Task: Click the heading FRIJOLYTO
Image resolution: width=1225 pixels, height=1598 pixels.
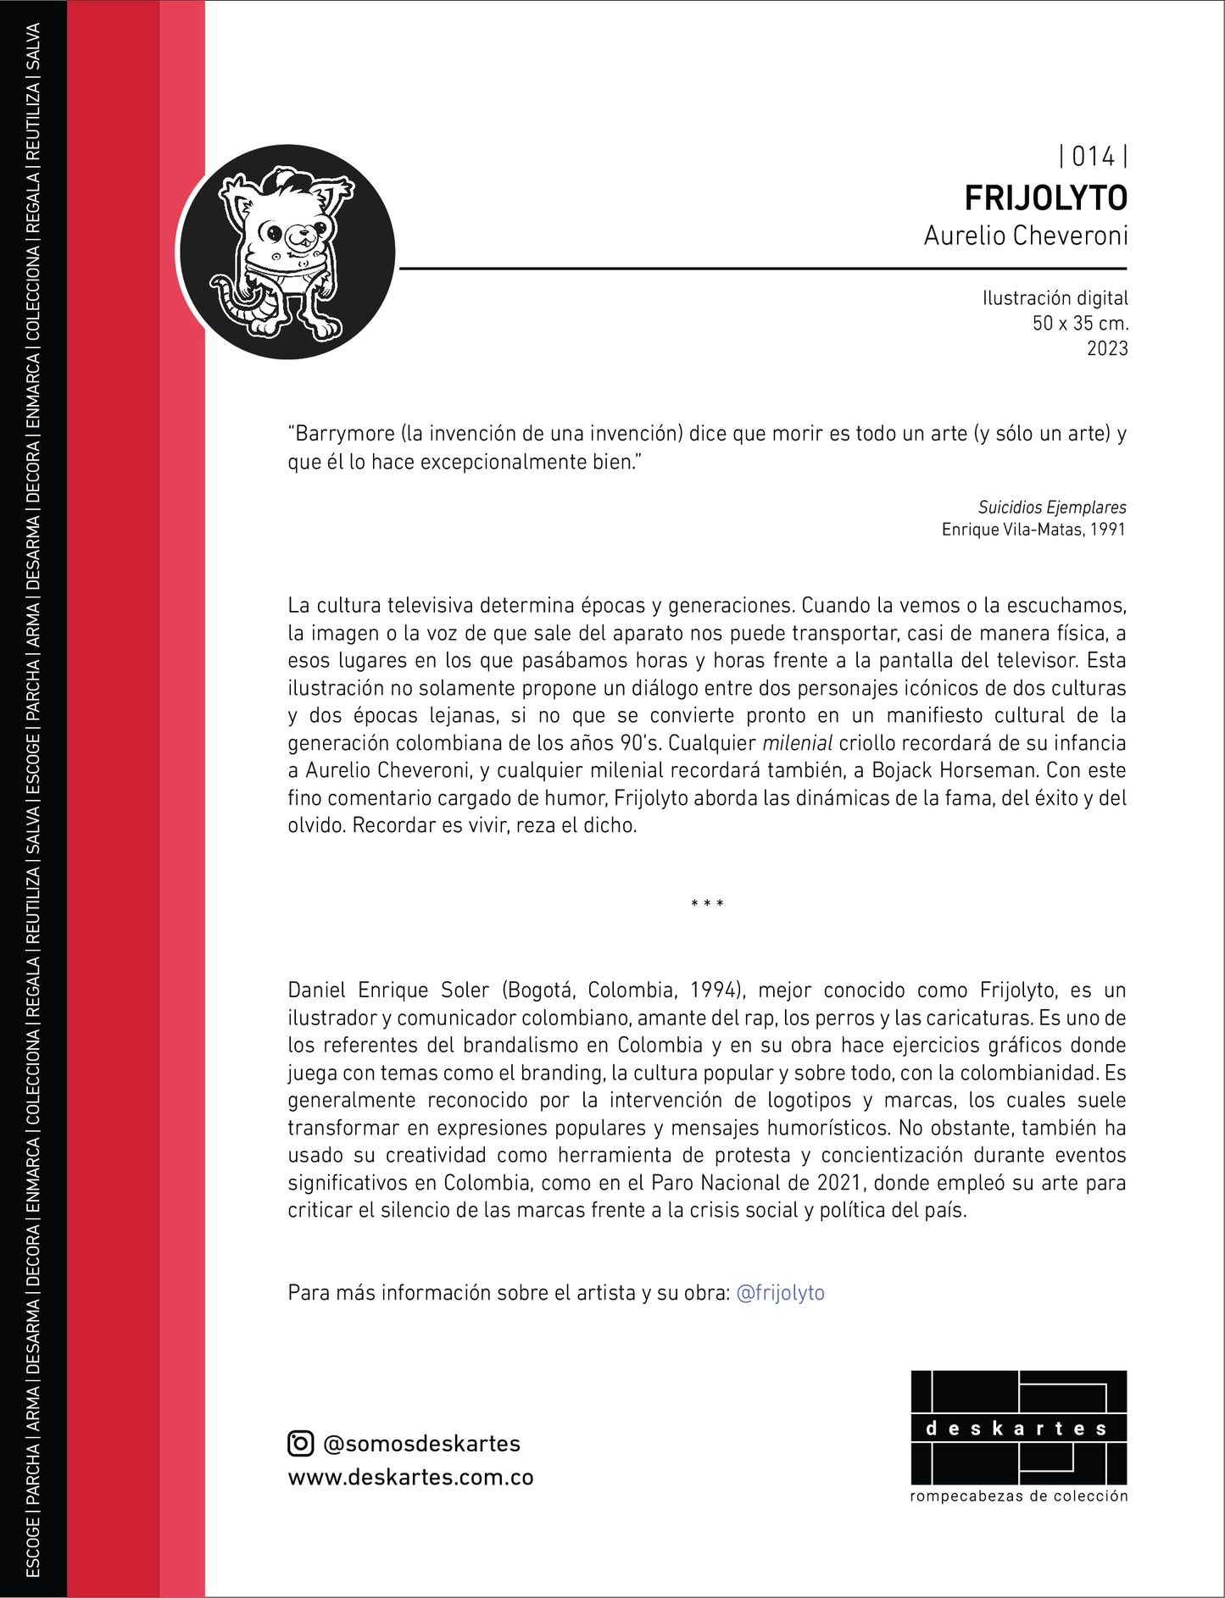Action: pos(1045,198)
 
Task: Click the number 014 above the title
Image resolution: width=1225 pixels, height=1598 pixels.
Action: pos(1093,157)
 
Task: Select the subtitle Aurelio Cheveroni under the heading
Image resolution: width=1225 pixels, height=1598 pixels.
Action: pos(1026,236)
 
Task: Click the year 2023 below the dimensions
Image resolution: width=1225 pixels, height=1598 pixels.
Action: pos(1107,348)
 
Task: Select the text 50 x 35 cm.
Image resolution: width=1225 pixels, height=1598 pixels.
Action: pos(1080,323)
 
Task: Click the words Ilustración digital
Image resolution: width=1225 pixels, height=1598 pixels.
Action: pos(1055,298)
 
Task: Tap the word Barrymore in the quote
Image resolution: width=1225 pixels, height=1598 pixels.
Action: pos(346,434)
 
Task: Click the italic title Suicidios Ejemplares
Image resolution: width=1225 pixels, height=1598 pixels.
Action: pos(1052,508)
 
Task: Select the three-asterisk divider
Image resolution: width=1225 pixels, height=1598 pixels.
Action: pos(707,904)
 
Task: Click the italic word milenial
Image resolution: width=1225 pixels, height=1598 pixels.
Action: pos(797,744)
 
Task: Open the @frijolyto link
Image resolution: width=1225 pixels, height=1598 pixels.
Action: pos(780,1293)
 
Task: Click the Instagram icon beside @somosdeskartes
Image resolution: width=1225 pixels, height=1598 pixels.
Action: pos(301,1444)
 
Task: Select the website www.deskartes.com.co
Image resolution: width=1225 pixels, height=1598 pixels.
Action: pos(410,1478)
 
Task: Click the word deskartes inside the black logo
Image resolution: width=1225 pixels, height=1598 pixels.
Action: pos(1017,1429)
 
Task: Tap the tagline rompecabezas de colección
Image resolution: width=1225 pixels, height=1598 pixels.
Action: pos(1018,1496)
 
